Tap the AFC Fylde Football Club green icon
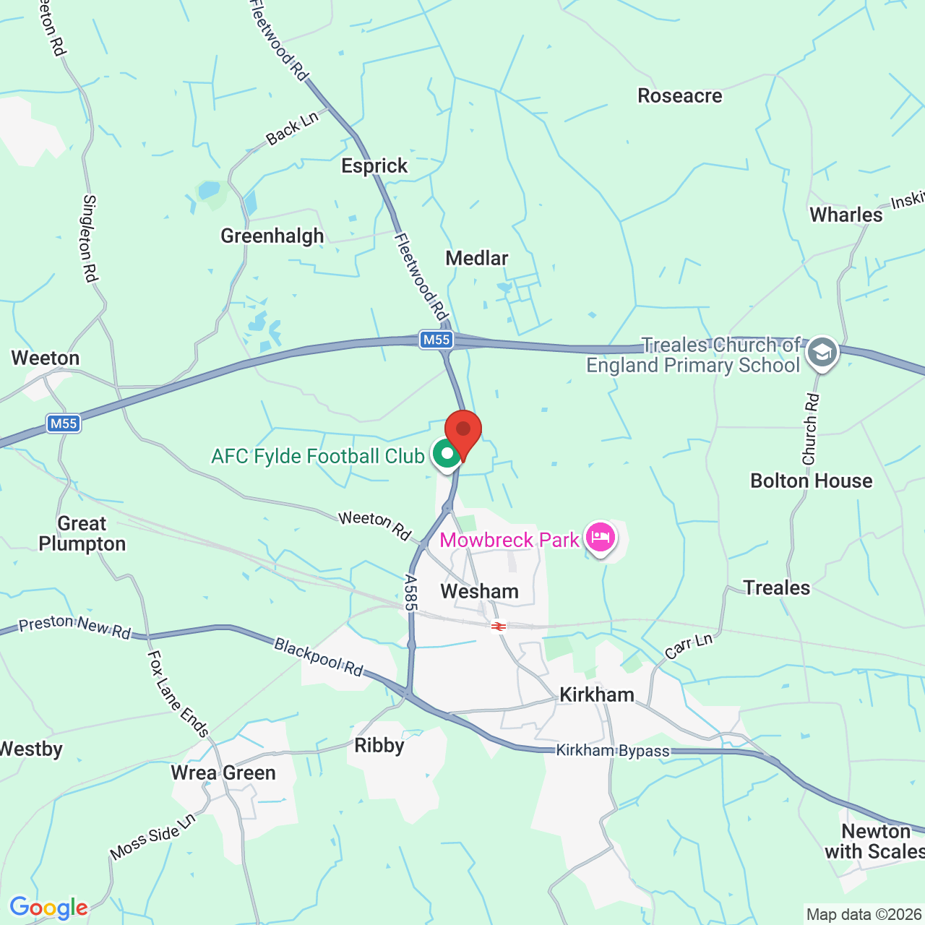[x=447, y=455]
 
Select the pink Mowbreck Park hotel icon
[x=601, y=538]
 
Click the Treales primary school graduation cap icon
[x=822, y=353]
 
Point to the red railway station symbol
[x=498, y=626]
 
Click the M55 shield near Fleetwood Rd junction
[x=436, y=340]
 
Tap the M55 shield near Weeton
[x=63, y=423]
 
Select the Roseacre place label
[x=679, y=96]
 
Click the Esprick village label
[x=374, y=166]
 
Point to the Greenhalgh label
[x=272, y=236]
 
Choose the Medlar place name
[x=476, y=258]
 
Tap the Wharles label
[x=846, y=215]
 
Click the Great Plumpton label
[x=82, y=533]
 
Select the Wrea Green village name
[x=223, y=773]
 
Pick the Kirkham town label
[x=597, y=694]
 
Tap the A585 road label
[x=411, y=593]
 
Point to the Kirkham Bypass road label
[x=613, y=751]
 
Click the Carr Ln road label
[x=689, y=646]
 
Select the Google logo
[x=48, y=908]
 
